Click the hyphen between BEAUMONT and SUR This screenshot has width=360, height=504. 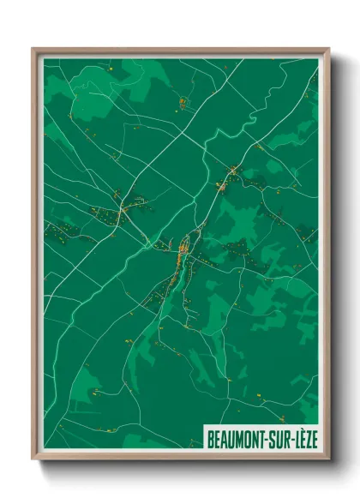click(267, 438)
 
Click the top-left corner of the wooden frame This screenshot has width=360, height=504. click(33, 49)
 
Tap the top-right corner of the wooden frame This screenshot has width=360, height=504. click(328, 49)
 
